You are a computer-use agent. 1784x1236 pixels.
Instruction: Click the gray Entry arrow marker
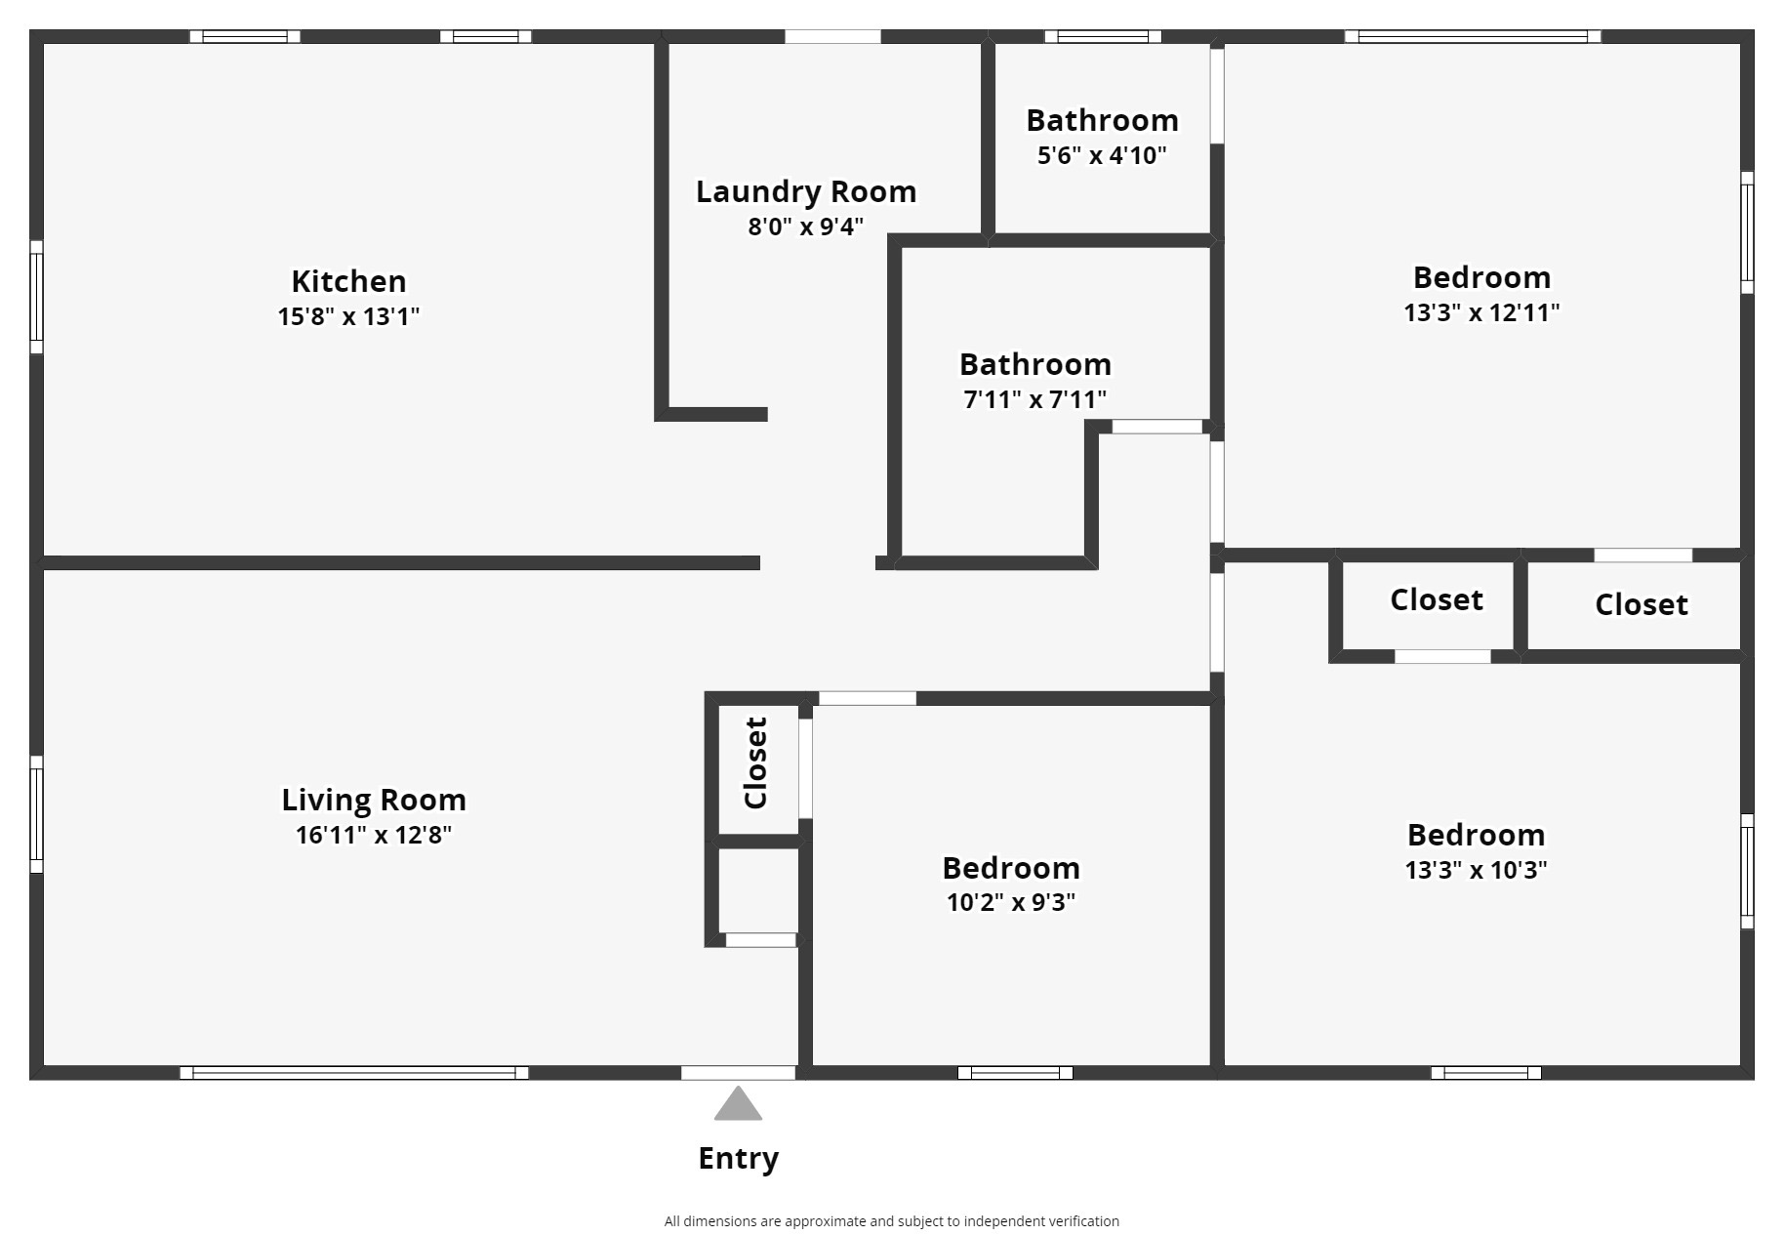pyautogui.click(x=738, y=1103)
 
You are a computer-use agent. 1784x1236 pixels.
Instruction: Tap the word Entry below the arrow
pyautogui.click(x=739, y=1159)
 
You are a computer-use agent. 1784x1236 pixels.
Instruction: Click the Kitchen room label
pyautogui.click(x=348, y=281)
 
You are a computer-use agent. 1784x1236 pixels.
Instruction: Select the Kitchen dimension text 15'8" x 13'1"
pyautogui.click(x=348, y=316)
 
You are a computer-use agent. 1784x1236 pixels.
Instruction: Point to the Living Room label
pyautogui.click(x=374, y=800)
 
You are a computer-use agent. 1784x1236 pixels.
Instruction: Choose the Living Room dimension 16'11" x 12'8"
pyautogui.click(x=374, y=835)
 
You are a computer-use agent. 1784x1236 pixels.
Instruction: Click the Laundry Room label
pyautogui.click(x=806, y=192)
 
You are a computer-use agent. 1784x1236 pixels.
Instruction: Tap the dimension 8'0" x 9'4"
pyautogui.click(x=806, y=227)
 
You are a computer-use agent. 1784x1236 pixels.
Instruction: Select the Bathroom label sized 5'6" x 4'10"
pyautogui.click(x=1102, y=120)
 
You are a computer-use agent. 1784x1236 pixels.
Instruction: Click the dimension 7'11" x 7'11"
pyautogui.click(x=1035, y=399)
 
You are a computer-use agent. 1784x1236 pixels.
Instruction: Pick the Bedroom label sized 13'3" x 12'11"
pyautogui.click(x=1481, y=277)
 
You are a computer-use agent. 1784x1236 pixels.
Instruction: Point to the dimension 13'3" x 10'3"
pyautogui.click(x=1476, y=870)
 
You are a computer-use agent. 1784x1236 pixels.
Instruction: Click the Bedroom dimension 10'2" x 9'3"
pyautogui.click(x=1011, y=902)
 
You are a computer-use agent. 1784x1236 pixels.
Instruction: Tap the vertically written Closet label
pyautogui.click(x=756, y=762)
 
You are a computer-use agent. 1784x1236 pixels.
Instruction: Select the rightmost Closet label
pyautogui.click(x=1642, y=604)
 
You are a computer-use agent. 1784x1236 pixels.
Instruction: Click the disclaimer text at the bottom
pyautogui.click(x=892, y=1221)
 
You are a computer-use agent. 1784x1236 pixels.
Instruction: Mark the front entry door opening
pyautogui.click(x=738, y=1073)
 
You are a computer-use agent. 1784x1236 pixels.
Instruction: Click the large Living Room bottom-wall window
pyautogui.click(x=354, y=1073)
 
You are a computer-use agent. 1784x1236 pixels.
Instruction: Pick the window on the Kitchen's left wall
pyautogui.click(x=36, y=297)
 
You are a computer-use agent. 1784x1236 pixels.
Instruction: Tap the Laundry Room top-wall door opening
pyautogui.click(x=832, y=36)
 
